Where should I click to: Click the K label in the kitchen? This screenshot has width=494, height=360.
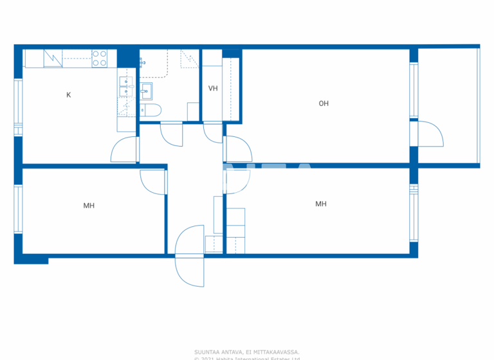[x=69, y=95]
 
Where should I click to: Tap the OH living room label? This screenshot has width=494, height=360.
[x=324, y=103]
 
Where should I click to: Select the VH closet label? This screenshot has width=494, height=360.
[x=213, y=89]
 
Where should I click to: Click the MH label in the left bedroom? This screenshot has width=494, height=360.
[x=89, y=206]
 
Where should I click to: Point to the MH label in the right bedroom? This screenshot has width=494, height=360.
[x=320, y=204]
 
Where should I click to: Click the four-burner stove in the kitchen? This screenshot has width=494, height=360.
[x=99, y=59]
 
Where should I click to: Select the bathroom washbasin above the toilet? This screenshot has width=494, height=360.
[x=147, y=89]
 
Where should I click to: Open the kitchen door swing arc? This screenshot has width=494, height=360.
[x=123, y=150]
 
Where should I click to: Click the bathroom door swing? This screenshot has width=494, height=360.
[x=172, y=134]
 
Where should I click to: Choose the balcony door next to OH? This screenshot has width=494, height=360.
[x=430, y=135]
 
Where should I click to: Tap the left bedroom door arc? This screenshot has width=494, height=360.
[x=153, y=182]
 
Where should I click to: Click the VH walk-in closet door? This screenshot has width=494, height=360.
[x=213, y=132]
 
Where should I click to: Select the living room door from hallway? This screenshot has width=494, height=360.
[x=238, y=150]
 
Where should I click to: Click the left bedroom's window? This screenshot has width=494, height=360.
[x=19, y=210]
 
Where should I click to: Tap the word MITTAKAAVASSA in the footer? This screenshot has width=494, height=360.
[x=278, y=352]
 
